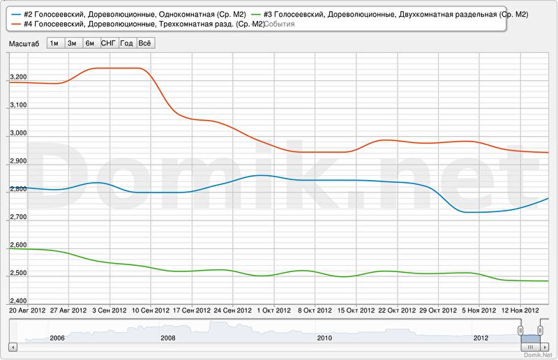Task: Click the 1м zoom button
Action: click(x=54, y=43)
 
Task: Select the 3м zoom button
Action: click(x=72, y=43)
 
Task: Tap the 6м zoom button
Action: click(x=90, y=43)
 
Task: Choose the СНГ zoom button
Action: click(x=108, y=43)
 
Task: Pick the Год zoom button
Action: click(x=127, y=43)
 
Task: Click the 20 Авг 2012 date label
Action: click(x=27, y=310)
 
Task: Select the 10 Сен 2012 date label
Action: click(x=151, y=310)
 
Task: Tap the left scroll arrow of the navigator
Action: click(x=12, y=347)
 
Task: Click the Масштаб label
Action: click(x=24, y=43)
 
